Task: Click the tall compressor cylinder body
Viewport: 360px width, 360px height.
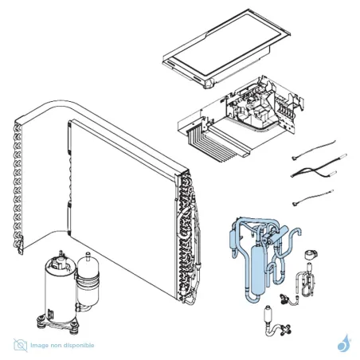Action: click(60, 289)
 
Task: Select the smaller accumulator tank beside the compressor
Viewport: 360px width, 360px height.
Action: click(88, 281)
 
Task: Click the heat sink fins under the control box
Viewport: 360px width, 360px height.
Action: click(209, 145)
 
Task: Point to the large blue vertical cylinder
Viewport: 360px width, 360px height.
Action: click(256, 270)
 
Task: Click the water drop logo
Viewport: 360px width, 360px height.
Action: click(344, 343)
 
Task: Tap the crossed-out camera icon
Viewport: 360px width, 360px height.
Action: click(21, 345)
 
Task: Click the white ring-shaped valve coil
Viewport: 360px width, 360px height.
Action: click(311, 254)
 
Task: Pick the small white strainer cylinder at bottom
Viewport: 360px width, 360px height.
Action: click(268, 314)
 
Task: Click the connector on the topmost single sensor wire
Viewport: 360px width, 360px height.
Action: click(294, 158)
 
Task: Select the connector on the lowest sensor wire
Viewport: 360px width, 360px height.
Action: click(295, 204)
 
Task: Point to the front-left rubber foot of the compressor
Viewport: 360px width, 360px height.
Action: click(41, 318)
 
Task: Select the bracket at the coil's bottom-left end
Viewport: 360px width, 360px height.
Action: click(21, 245)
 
